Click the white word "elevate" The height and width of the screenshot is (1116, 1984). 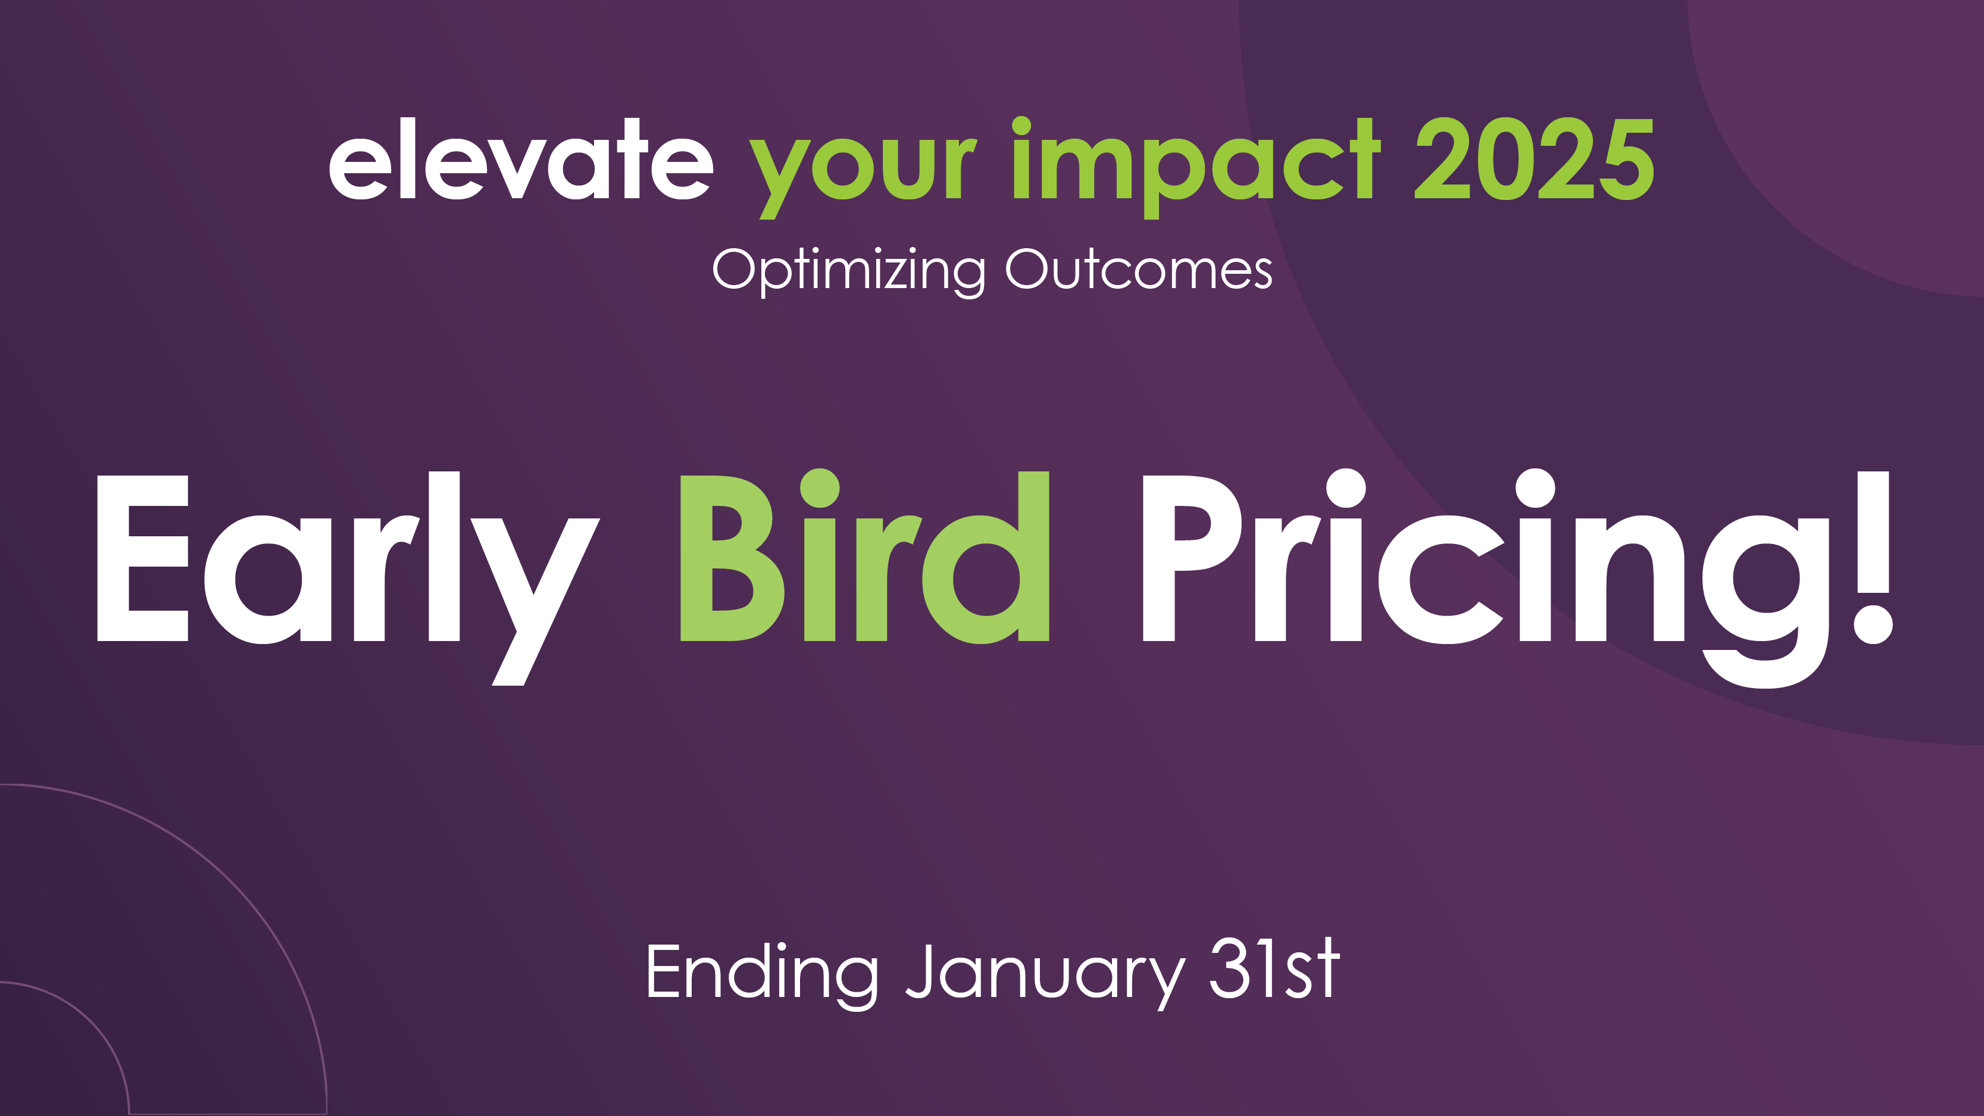click(521, 159)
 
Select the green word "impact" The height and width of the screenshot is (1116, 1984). click(1196, 168)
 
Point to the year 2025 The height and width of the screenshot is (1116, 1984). click(1534, 159)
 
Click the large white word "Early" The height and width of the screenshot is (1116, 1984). click(348, 577)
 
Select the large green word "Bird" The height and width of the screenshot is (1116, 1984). click(865, 556)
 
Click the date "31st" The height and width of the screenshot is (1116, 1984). click(1274, 968)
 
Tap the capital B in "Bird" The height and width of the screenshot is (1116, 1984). click(732, 558)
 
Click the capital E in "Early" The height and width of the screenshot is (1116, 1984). click(142, 558)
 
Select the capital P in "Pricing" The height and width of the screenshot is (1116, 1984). click(1192, 558)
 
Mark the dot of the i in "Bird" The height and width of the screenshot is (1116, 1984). click(820, 488)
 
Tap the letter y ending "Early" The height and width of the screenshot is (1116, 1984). click(535, 601)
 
